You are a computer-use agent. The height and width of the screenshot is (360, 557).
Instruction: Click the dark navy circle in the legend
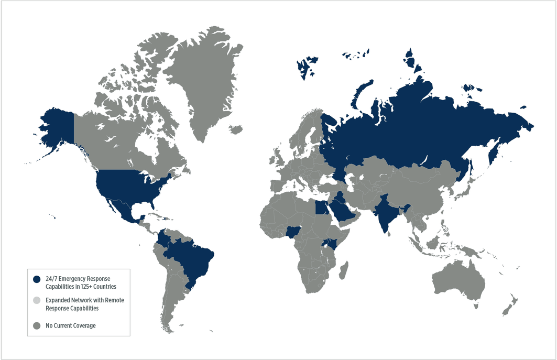tap(36, 279)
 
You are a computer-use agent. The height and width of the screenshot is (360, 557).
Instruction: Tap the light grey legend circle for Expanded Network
tap(36, 300)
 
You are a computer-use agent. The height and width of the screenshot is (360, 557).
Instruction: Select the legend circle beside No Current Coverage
tap(36, 326)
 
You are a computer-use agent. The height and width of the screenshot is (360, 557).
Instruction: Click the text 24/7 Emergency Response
tap(78, 278)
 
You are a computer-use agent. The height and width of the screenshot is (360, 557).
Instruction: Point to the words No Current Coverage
tap(71, 326)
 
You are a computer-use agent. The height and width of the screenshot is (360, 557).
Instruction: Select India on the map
tap(385, 212)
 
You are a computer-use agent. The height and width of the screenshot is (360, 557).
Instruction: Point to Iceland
tap(236, 129)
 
